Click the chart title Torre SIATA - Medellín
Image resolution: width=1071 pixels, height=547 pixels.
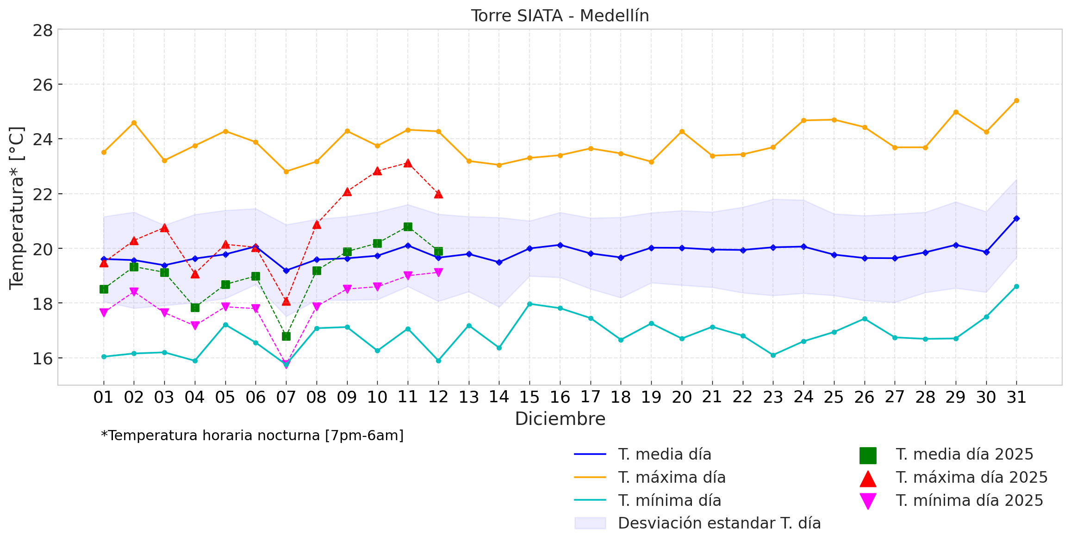pyautogui.click(x=560, y=16)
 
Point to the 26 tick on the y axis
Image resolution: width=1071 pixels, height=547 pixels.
pyautogui.click(x=43, y=85)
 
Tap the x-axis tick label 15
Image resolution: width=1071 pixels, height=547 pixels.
pyautogui.click(x=529, y=397)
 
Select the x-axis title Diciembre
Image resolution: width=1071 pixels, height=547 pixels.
pyautogui.click(x=560, y=419)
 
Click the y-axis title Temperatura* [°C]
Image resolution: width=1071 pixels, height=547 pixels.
pyautogui.click(x=17, y=208)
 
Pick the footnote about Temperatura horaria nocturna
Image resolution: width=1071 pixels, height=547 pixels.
pyautogui.click(x=252, y=436)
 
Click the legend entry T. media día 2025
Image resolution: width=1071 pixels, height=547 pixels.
pyautogui.click(x=965, y=455)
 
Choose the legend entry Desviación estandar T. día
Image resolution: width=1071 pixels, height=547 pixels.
pyautogui.click(x=719, y=523)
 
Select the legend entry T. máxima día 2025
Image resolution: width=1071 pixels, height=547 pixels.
pyautogui.click(x=971, y=478)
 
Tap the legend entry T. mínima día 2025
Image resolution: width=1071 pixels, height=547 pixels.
pyautogui.click(x=969, y=501)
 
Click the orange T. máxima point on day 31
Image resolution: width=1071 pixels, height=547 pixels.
pyautogui.click(x=1016, y=100)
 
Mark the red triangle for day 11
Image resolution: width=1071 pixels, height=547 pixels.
pyautogui.click(x=408, y=163)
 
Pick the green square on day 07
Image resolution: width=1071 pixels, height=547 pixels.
pyautogui.click(x=286, y=336)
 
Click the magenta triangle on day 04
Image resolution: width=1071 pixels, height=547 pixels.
pyautogui.click(x=195, y=326)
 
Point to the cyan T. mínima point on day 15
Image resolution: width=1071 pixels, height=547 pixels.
pyautogui.click(x=529, y=304)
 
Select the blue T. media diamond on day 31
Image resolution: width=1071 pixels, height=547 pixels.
pyautogui.click(x=1016, y=218)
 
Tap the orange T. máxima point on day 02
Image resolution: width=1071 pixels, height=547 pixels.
pyautogui.click(x=134, y=123)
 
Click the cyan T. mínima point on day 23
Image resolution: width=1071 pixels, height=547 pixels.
pyautogui.click(x=773, y=355)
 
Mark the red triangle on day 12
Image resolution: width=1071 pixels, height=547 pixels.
pyautogui.click(x=438, y=194)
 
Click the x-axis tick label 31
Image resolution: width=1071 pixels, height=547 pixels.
pyautogui.click(x=1016, y=397)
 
